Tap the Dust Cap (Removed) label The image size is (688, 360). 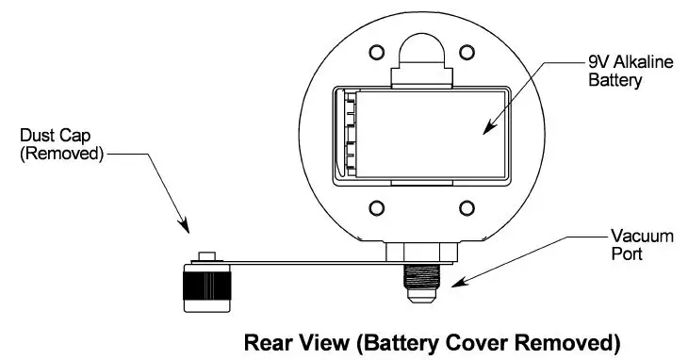61,144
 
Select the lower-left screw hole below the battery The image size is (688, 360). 375,208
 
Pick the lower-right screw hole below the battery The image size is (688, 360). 464,208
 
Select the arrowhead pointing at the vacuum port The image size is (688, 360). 451,282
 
